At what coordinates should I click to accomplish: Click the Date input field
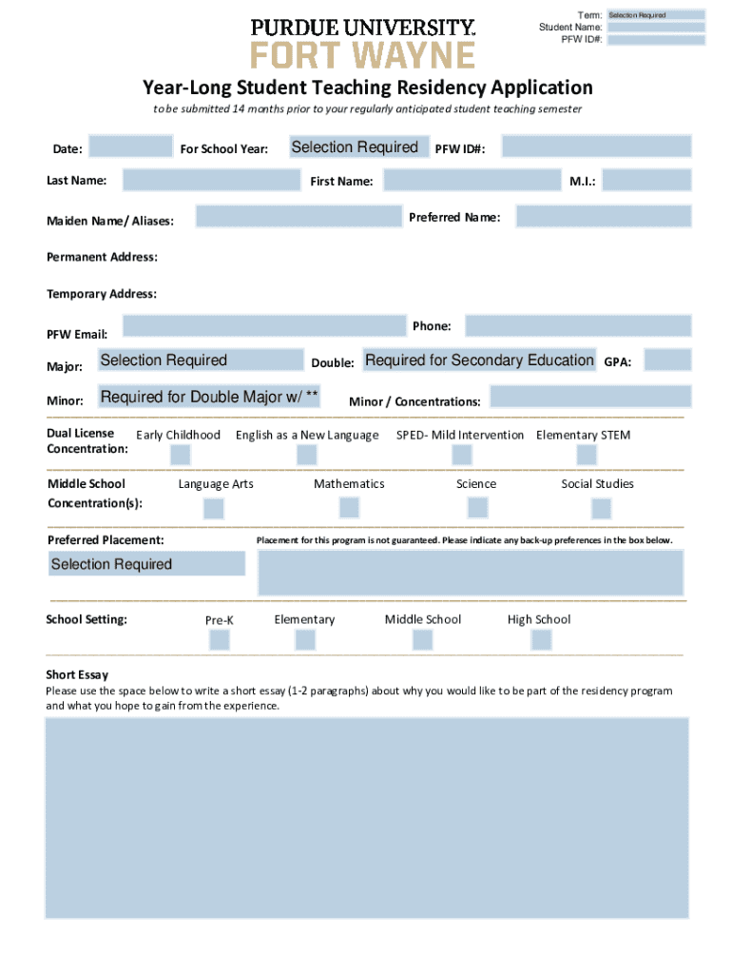130,147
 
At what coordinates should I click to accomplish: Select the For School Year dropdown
354,147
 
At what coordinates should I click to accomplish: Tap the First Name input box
472,181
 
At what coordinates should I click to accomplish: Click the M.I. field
646,181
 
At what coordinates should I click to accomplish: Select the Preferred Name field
603,218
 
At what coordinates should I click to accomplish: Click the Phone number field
578,326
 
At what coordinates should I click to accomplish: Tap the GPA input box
667,360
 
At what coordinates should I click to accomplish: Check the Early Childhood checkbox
180,455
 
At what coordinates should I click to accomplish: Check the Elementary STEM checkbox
583,455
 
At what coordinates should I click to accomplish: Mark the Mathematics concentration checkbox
349,507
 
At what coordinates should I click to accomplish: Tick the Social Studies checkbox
601,508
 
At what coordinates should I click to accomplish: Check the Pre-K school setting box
220,640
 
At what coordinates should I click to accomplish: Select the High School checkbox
541,640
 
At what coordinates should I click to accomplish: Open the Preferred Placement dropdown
146,564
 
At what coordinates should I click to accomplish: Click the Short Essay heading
77,674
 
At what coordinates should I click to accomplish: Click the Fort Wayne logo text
362,54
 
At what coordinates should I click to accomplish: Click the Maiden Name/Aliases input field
294,217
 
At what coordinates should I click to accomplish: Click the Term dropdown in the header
656,15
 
